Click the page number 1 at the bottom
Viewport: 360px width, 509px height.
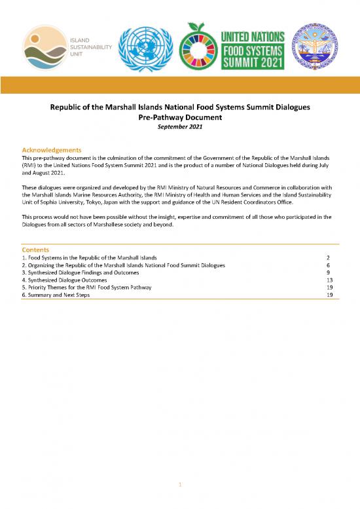pyautogui.click(x=180, y=483)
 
